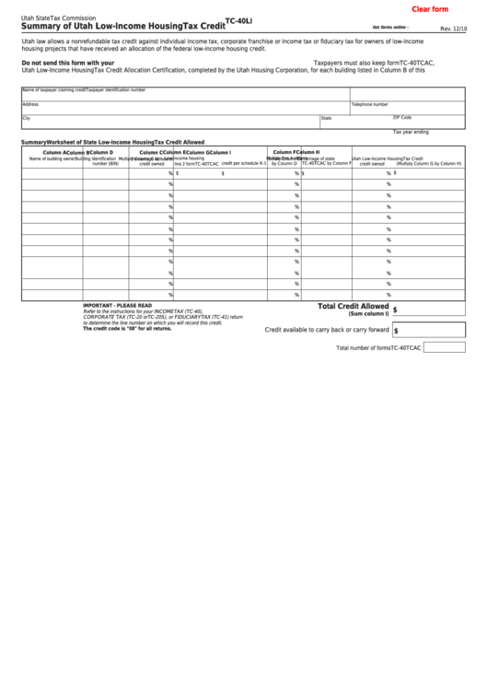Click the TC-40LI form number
(238, 20)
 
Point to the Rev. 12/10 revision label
(453, 29)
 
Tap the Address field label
(29, 104)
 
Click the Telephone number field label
(370, 104)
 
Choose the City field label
(26, 118)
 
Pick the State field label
(326, 119)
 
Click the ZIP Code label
(402, 118)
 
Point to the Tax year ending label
(411, 132)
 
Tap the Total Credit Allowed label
(354, 306)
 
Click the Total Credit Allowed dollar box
(428, 310)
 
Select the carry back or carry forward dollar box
(428, 330)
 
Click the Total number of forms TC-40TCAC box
(444, 347)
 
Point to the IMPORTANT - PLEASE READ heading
(117, 305)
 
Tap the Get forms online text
(390, 29)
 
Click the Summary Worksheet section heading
(112, 143)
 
